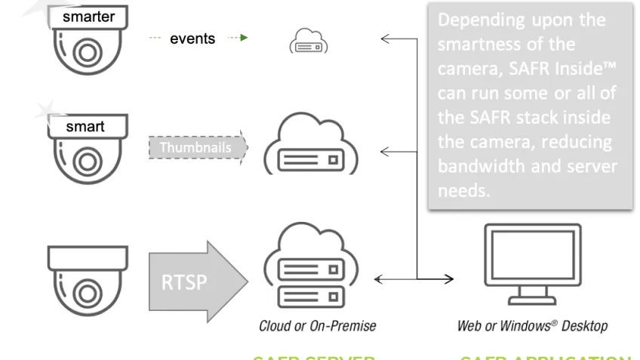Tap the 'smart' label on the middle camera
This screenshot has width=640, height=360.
(x=85, y=127)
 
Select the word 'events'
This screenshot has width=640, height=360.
(x=192, y=39)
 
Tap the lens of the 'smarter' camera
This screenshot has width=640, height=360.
(x=85, y=53)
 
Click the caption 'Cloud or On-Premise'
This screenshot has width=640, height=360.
(x=317, y=326)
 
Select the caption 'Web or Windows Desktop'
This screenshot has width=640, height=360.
(x=532, y=326)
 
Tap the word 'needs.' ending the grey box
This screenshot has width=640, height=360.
(x=463, y=191)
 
